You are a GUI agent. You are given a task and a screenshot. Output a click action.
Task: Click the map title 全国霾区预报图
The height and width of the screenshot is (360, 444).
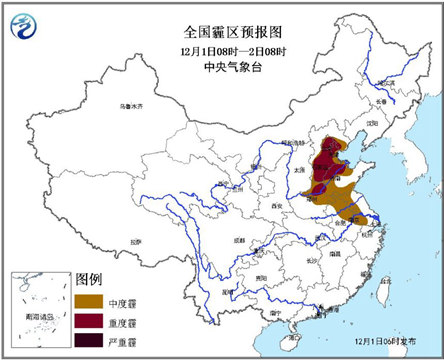click(x=222, y=14)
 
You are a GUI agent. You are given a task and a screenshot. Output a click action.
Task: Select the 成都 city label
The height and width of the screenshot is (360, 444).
click(x=236, y=240)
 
